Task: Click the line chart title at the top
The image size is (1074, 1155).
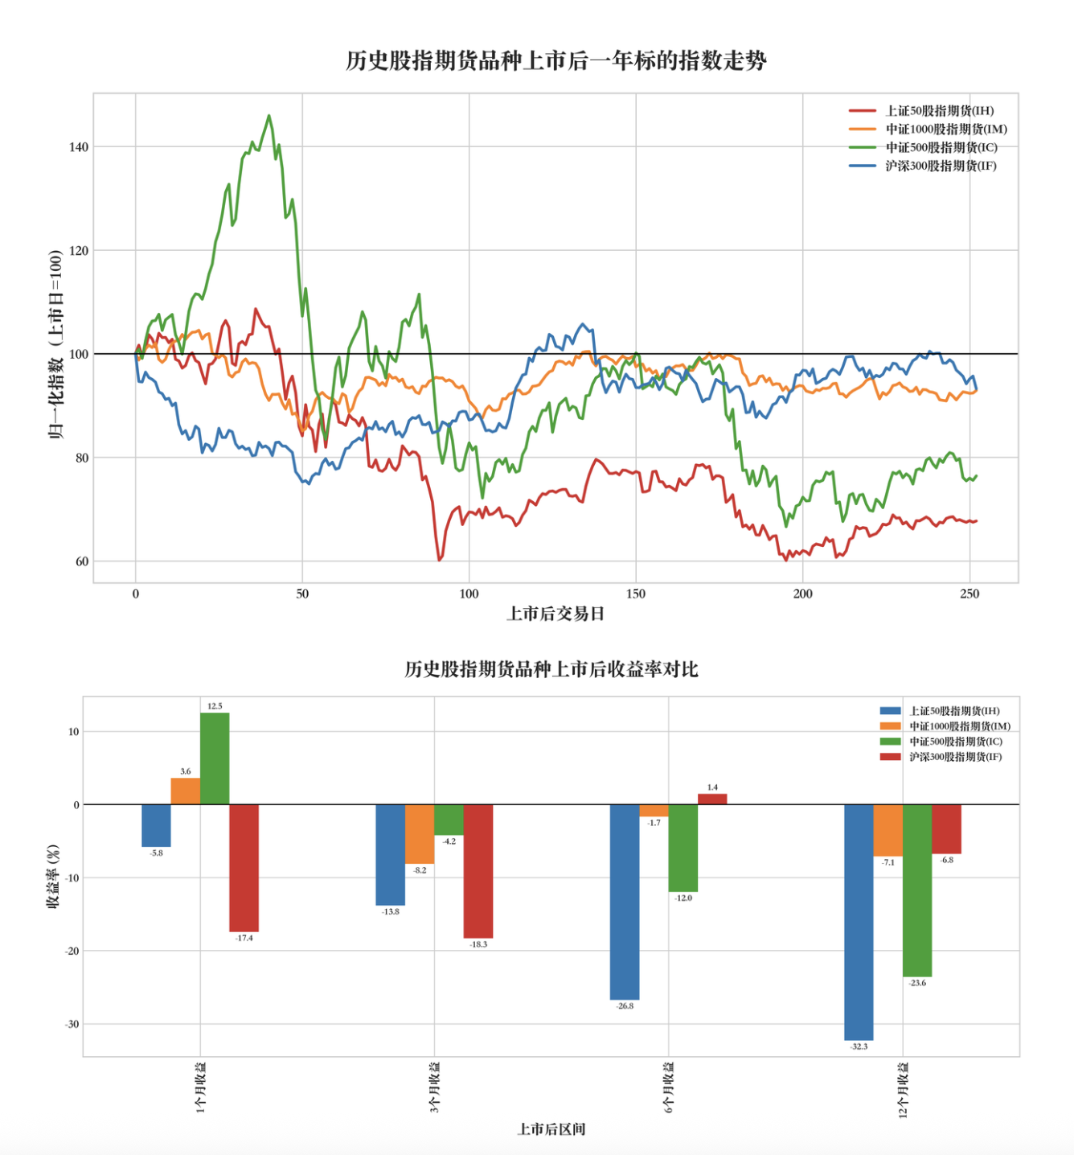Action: [555, 61]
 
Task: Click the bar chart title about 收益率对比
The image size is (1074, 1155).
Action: [551, 669]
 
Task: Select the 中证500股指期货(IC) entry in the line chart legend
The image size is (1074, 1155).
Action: [941, 148]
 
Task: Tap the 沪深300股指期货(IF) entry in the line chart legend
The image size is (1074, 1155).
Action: [941, 166]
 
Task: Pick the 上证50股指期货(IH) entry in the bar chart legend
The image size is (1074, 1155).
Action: [953, 711]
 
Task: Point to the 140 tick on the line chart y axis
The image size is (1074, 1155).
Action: [78, 147]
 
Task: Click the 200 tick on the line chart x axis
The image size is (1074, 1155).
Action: [802, 594]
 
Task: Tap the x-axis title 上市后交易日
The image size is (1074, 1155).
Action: [555, 614]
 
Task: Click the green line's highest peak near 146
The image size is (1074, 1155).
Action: [269, 116]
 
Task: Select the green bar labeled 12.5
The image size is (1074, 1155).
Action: [215, 758]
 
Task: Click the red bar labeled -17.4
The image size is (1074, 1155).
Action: [244, 868]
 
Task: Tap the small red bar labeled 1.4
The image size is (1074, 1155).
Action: [712, 799]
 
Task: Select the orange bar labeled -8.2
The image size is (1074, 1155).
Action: [420, 834]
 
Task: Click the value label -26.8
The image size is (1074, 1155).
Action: [625, 1006]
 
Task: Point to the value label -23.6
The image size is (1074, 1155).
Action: [917, 983]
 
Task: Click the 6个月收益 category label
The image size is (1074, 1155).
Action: [669, 1087]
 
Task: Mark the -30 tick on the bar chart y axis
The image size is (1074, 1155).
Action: [72, 1025]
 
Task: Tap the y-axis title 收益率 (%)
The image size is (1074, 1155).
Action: [53, 877]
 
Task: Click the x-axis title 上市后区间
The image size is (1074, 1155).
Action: [551, 1129]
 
